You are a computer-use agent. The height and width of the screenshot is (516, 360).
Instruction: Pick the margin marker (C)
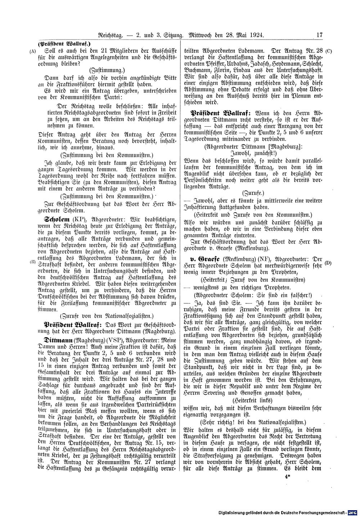click(x=329, y=51)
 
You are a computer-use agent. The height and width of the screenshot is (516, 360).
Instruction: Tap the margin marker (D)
click(x=328, y=263)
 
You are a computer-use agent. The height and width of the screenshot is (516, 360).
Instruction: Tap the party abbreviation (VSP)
click(x=112, y=340)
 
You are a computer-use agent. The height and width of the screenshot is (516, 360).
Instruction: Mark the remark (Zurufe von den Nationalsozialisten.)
click(x=107, y=316)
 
